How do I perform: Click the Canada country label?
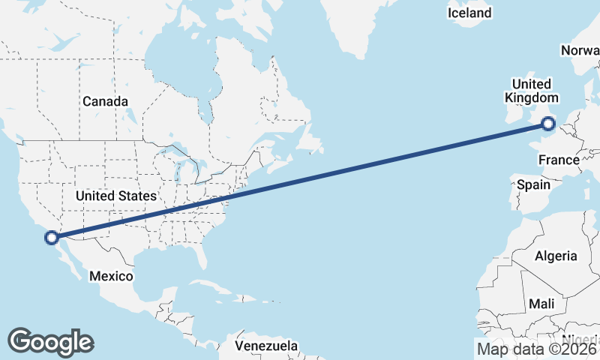click(x=105, y=101)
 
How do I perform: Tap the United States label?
click(x=116, y=196)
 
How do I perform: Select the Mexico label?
click(x=111, y=276)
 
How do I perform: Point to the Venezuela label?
click(x=266, y=346)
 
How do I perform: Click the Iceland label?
click(x=469, y=13)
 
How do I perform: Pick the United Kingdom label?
click(x=532, y=91)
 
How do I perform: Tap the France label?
click(x=559, y=160)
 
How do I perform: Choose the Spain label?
click(x=534, y=184)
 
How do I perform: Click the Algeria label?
click(x=556, y=256)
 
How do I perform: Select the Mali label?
click(x=541, y=304)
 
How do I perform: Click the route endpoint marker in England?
click(x=548, y=124)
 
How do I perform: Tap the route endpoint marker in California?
click(x=52, y=238)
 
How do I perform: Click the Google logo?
click(x=50, y=342)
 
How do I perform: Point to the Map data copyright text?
click(x=537, y=349)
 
